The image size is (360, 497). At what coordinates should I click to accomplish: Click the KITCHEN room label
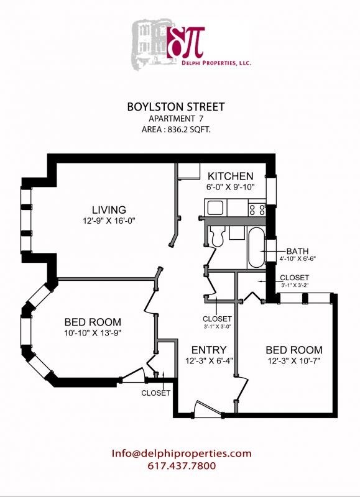click(x=230, y=176)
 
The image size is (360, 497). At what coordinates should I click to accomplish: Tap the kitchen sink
click(x=215, y=208)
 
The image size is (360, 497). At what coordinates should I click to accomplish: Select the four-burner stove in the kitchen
click(x=257, y=209)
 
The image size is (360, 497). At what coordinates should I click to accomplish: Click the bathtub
click(x=256, y=247)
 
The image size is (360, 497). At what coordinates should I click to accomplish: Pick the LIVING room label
click(x=109, y=209)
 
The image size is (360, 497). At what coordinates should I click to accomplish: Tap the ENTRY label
click(x=208, y=350)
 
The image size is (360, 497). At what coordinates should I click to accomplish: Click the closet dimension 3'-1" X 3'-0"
click(x=217, y=326)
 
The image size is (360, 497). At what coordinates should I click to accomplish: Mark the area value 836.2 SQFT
click(x=190, y=130)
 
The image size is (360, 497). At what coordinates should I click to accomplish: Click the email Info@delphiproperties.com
click(x=182, y=453)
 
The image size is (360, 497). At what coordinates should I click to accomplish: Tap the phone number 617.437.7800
click(x=182, y=465)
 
